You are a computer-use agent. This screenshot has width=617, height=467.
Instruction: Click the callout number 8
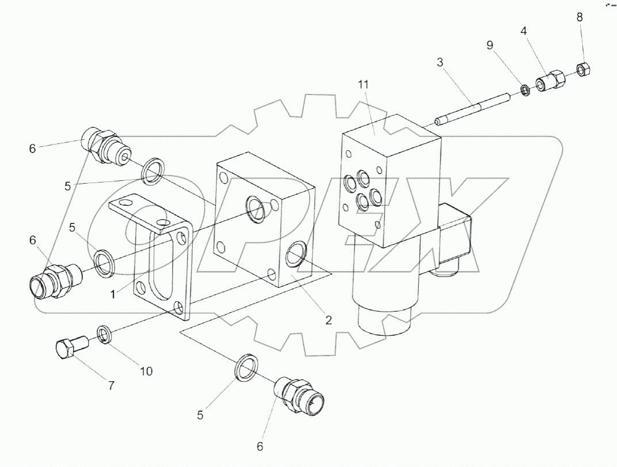click(580, 17)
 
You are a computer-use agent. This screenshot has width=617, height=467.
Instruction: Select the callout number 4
click(524, 31)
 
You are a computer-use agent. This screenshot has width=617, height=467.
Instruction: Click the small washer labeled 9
click(525, 90)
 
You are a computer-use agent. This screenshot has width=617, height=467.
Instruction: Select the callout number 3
click(440, 62)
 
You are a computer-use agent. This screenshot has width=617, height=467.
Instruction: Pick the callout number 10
click(146, 371)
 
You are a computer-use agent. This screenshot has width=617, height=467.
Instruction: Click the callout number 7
click(111, 385)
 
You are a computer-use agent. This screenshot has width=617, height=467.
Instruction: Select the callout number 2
click(329, 320)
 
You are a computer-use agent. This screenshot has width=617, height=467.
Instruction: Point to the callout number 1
click(113, 294)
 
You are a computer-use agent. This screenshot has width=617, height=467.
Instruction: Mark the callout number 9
click(490, 45)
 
